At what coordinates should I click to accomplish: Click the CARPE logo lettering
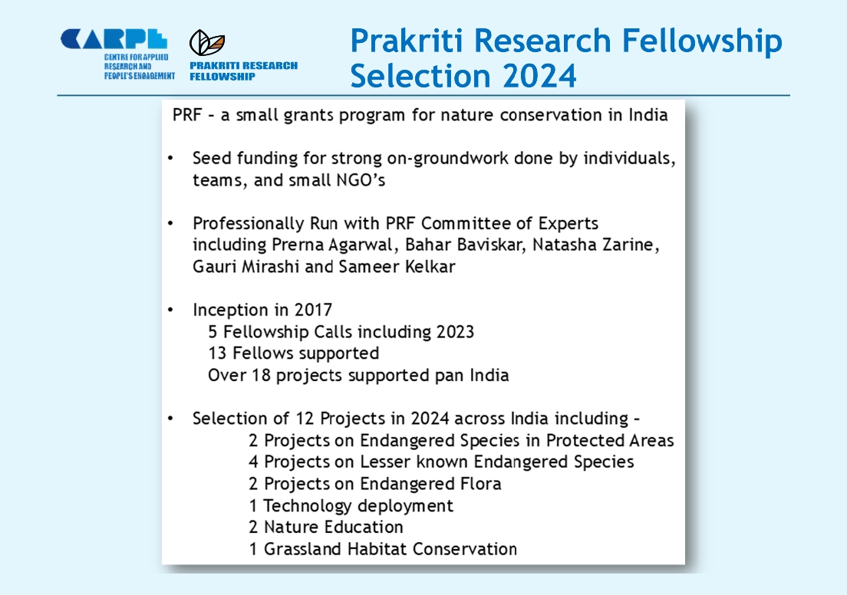[114, 39]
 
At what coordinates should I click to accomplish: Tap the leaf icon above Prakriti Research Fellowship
[207, 43]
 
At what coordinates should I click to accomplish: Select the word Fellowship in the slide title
[702, 41]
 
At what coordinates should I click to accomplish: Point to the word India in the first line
[648, 115]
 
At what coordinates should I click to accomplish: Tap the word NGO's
[361, 179]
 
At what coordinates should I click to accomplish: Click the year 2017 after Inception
[313, 310]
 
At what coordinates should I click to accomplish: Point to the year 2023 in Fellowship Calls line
[455, 331]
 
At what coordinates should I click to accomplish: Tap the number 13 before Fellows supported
[217, 353]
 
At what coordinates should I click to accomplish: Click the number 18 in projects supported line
[262, 375]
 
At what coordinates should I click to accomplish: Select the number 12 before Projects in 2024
[305, 419]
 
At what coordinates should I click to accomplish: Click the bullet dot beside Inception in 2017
[170, 310]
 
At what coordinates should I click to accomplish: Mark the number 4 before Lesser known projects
[253, 462]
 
